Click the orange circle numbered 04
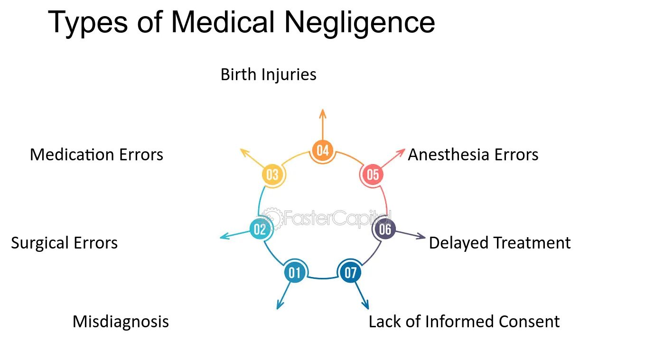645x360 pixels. pos(323,150)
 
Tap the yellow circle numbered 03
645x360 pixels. pos(272,175)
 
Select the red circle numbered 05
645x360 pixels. pos(373,175)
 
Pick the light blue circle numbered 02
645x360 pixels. pos(260,230)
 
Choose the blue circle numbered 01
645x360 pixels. pos(295,272)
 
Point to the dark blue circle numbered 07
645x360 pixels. pos(350,272)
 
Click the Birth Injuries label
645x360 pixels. pos(268,75)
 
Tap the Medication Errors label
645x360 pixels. pos(96,155)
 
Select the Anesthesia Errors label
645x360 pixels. pos(473,155)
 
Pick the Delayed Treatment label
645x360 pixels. pos(500,242)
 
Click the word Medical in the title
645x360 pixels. pos(223,22)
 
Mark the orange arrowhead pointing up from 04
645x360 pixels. pos(323,114)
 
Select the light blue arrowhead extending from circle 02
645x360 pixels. pos(224,236)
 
